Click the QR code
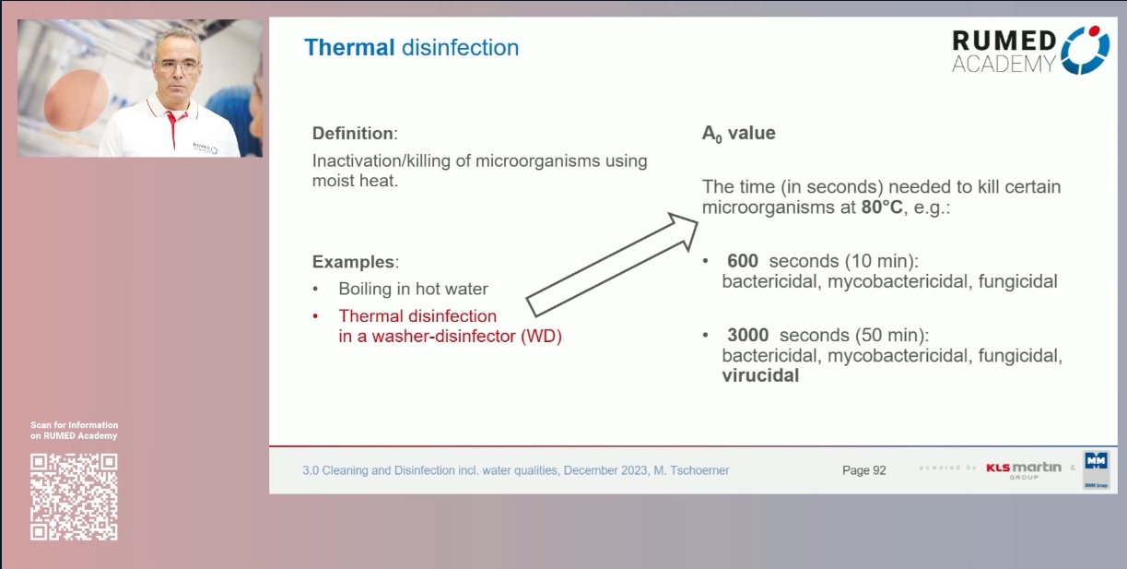[x=74, y=496]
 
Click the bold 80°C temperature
[x=882, y=207]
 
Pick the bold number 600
[x=743, y=261]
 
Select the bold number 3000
[x=747, y=334]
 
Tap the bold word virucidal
[x=760, y=376]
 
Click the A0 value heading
[x=738, y=134]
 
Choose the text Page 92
[x=863, y=470]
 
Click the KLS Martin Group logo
[x=1023, y=468]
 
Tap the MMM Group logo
[x=1096, y=470]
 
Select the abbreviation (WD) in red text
[x=541, y=337]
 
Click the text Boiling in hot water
[x=413, y=289]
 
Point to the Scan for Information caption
[x=74, y=431]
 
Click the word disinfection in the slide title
[x=461, y=47]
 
